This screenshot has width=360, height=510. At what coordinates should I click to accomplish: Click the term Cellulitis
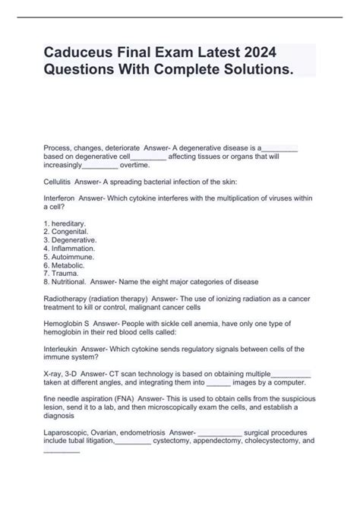coord(59,183)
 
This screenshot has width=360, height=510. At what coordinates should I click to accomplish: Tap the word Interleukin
coord(62,348)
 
